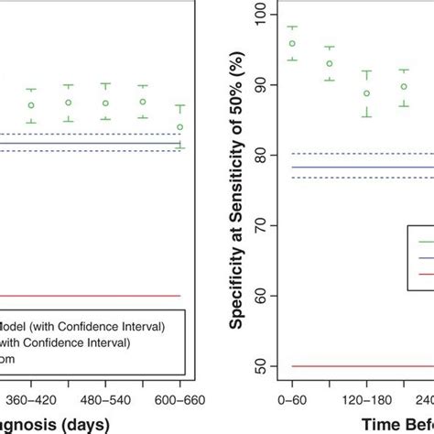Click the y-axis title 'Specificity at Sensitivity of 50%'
coord(236,183)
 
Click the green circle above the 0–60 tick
coord(292,43)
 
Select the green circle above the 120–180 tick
coord(366,93)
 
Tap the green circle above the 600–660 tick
coord(180,126)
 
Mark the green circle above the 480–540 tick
coord(105,103)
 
